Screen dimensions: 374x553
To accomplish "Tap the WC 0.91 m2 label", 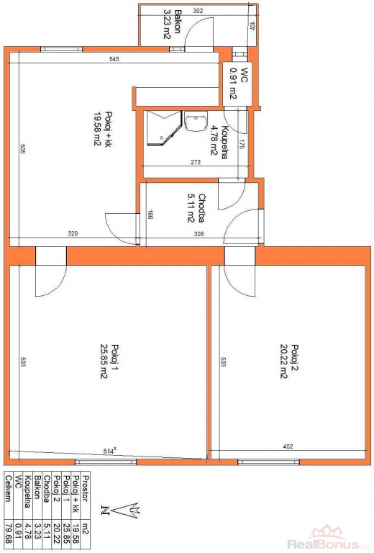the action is [x=238, y=84].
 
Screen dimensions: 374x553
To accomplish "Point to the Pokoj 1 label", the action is [x=109, y=361].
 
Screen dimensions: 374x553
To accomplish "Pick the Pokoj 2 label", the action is [x=289, y=361].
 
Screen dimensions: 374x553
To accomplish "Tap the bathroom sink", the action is [x=196, y=122].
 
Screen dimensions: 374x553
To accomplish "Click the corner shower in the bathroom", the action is [x=164, y=128].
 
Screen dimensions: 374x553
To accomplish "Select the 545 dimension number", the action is [x=114, y=59].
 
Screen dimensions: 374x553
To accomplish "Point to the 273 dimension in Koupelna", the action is [x=196, y=162].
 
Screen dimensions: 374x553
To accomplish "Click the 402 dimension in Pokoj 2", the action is [x=288, y=446].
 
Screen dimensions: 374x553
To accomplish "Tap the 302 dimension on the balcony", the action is [x=199, y=11].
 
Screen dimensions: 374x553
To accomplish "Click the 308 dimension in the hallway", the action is [x=199, y=233].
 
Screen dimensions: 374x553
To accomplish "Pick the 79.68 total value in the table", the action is [x=9, y=533].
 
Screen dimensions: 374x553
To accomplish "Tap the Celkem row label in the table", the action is [x=9, y=488].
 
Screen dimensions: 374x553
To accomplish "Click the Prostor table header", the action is [x=85, y=488].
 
